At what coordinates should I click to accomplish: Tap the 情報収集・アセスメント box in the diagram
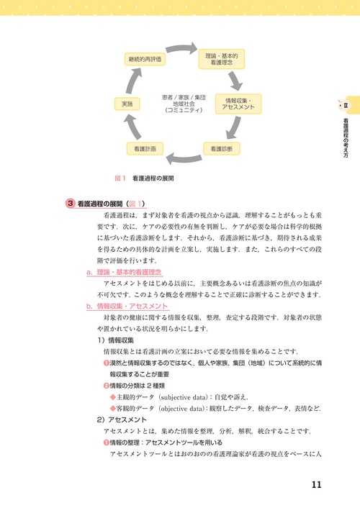(238, 104)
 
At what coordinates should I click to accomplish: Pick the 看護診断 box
(222, 148)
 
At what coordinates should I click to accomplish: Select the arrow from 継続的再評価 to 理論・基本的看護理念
(184, 50)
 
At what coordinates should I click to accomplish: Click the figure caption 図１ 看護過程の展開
(145, 177)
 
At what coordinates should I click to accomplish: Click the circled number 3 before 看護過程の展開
(69, 204)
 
